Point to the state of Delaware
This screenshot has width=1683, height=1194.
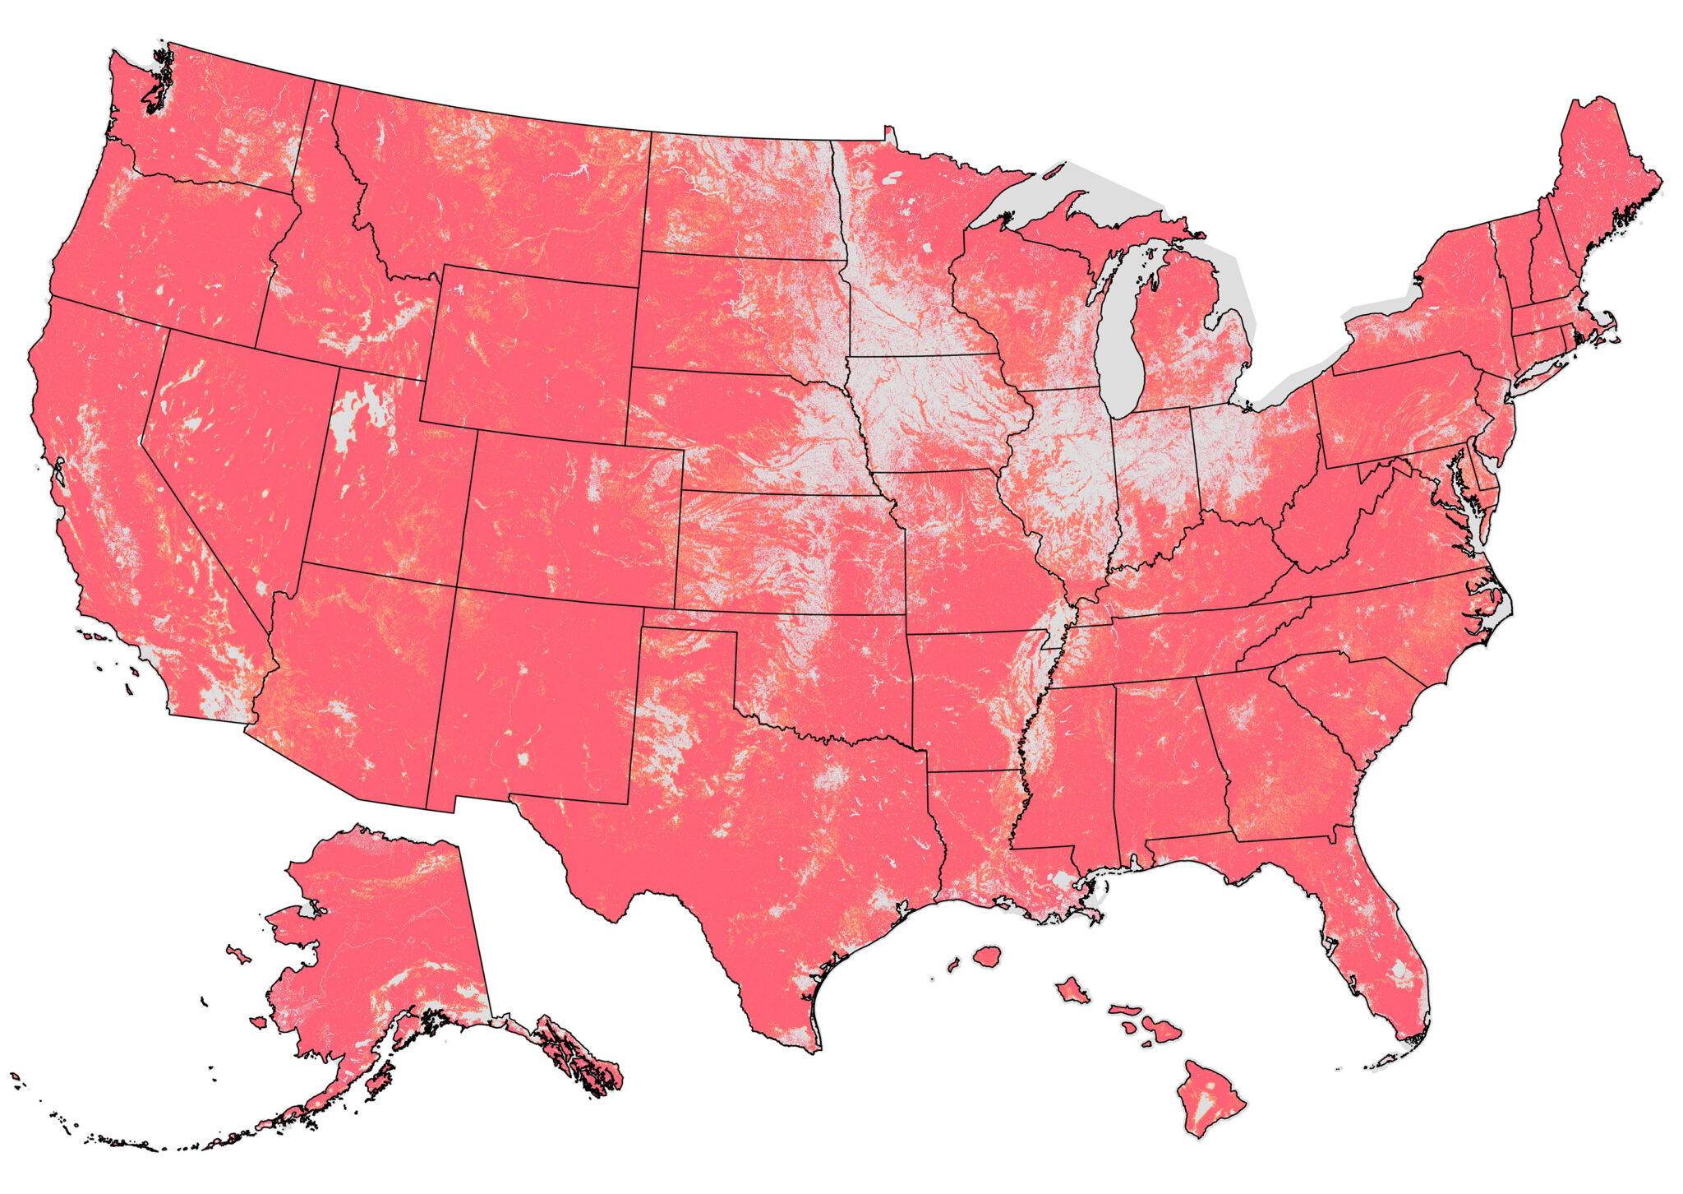1486,477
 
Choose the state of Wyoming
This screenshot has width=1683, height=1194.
530,354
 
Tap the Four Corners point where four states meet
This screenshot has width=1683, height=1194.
457,586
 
